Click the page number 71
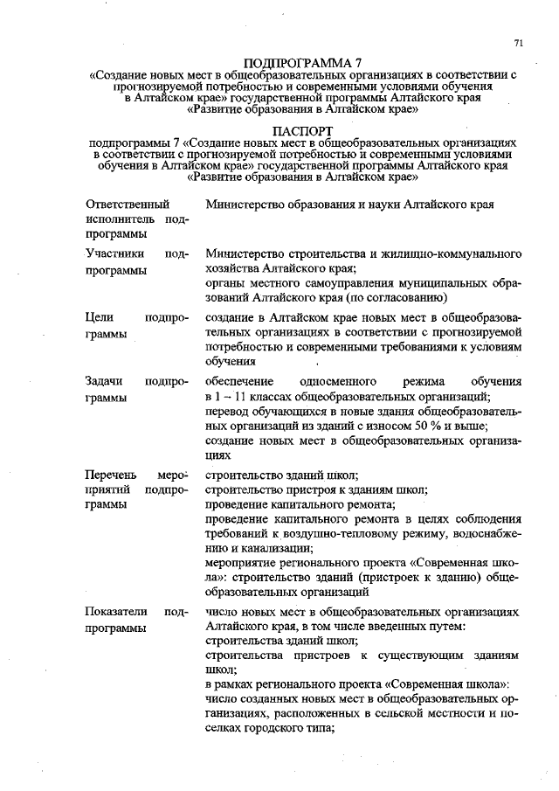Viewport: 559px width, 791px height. coord(519,43)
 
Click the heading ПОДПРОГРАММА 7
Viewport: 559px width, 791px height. coord(302,64)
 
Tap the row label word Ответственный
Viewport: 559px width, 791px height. coord(123,204)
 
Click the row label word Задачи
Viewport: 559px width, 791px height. coord(105,382)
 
